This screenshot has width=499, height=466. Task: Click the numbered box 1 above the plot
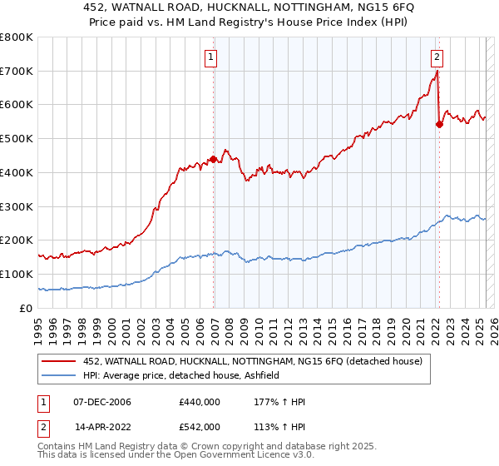click(211, 57)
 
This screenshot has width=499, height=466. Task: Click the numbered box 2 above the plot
click(437, 57)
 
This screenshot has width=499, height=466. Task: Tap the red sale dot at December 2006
click(214, 158)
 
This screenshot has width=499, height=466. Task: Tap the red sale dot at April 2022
click(439, 124)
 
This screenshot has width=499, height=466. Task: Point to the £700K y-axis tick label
click(17, 72)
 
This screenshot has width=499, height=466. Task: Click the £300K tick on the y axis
click(17, 206)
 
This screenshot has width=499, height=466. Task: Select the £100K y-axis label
click(17, 274)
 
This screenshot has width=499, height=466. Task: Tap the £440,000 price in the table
click(200, 402)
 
